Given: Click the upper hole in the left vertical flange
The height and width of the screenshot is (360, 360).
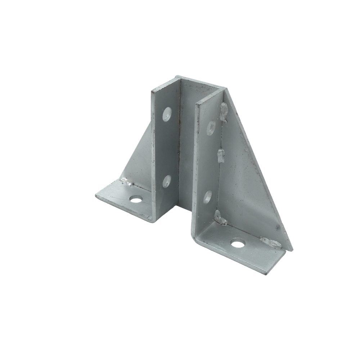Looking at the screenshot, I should pyautogui.click(x=167, y=114).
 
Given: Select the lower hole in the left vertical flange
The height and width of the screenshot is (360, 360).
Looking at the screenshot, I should pyautogui.click(x=167, y=181).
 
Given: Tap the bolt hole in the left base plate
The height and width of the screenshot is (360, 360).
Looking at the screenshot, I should pyautogui.click(x=136, y=199).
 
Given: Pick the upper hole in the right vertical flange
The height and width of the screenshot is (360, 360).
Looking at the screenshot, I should pyautogui.click(x=211, y=127).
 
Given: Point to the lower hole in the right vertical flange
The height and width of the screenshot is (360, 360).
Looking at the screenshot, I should pyautogui.click(x=208, y=197).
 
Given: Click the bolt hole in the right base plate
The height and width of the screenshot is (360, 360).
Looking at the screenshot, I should pyautogui.click(x=237, y=244).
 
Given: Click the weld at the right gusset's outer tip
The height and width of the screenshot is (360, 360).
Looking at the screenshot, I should pyautogui.click(x=271, y=243).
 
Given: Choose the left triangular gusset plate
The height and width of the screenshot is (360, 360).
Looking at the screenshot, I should pyautogui.click(x=139, y=158).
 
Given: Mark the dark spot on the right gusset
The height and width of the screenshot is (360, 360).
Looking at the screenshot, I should pyautogui.click(x=278, y=228).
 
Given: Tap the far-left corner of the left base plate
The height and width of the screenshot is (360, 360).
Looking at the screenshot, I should pyautogui.click(x=96, y=195).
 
